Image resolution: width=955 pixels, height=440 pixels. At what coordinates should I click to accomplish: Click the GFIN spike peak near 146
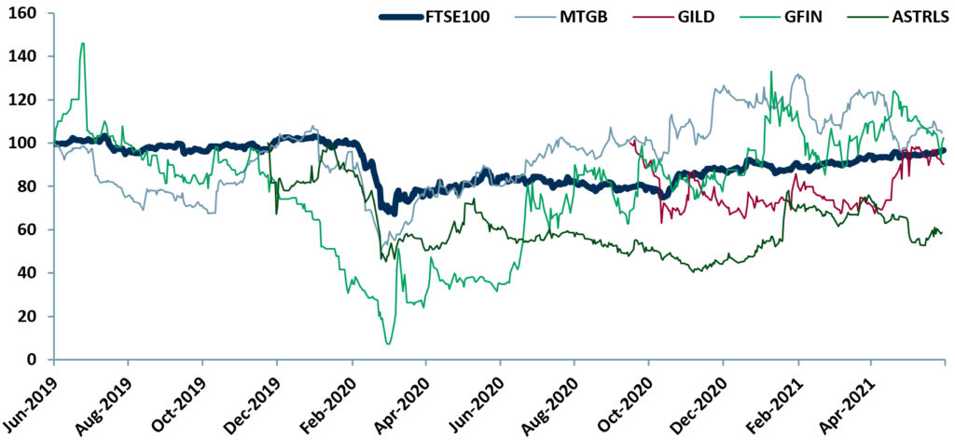coord(83,43)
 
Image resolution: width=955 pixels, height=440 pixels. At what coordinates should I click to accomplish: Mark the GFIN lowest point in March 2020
coord(388,344)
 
